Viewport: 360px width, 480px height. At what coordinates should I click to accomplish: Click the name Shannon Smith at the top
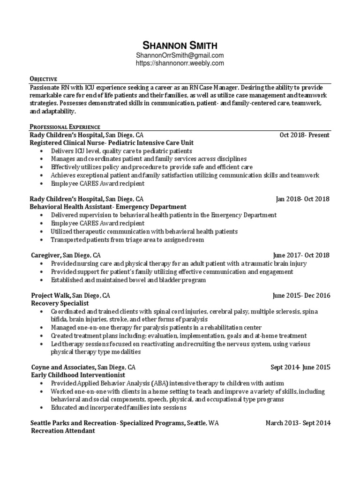click(x=180, y=45)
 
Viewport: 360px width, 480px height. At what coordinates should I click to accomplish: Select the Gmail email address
click(x=180, y=55)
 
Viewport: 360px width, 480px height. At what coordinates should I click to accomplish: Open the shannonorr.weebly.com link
click(x=180, y=63)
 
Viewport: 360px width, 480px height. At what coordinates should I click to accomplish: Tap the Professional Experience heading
click(x=65, y=127)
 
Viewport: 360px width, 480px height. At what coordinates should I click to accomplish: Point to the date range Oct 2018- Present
click(x=304, y=135)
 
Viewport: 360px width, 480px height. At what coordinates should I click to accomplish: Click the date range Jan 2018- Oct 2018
click(x=302, y=199)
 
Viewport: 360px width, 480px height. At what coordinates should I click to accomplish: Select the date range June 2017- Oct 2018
click(x=301, y=255)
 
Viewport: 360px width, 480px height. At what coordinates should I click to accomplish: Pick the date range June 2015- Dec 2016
click(x=301, y=295)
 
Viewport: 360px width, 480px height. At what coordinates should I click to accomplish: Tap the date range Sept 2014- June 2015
click(x=300, y=367)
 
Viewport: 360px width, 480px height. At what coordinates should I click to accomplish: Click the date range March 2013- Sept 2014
click(x=298, y=423)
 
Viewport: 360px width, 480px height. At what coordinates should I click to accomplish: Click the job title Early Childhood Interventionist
click(x=71, y=375)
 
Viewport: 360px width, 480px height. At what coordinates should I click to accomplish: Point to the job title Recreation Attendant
click(x=63, y=431)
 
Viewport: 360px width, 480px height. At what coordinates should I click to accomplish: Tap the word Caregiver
click(x=45, y=255)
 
